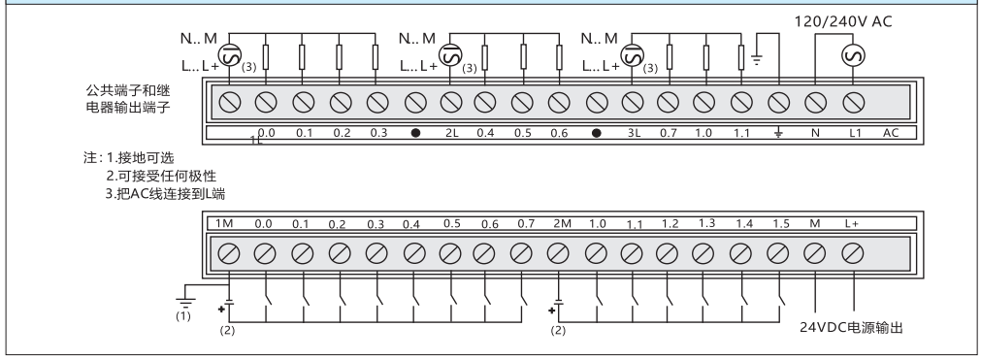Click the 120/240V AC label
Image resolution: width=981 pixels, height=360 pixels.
(843, 22)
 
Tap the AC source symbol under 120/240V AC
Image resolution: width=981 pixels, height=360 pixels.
(853, 55)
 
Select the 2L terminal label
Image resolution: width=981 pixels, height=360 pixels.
(452, 133)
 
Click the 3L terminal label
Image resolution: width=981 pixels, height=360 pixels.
(634, 133)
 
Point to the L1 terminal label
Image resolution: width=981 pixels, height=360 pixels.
(855, 133)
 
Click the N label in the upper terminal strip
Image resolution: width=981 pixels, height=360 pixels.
(815, 133)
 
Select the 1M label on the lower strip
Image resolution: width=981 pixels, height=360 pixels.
(224, 223)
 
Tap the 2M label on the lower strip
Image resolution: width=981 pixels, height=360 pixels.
(562, 223)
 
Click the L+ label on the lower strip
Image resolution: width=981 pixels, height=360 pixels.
(852, 223)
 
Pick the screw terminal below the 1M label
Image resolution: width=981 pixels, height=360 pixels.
(228, 253)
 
